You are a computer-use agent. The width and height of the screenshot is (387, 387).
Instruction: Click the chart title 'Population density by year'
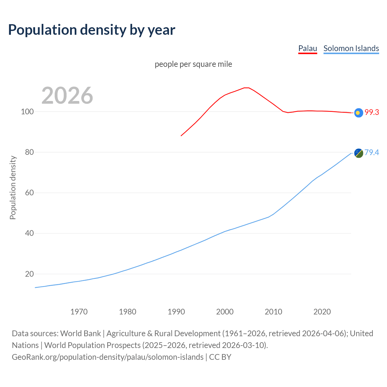(92, 30)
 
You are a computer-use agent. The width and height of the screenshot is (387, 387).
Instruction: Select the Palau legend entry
(307, 48)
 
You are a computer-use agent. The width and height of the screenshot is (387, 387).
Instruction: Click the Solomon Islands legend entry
(351, 48)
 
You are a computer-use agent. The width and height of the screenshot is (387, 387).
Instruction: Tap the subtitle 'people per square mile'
(193, 64)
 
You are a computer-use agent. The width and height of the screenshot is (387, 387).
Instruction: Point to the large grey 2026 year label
(67, 96)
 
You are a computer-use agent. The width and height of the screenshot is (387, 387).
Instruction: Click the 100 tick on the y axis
(27, 112)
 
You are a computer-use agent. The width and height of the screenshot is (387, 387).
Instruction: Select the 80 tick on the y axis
(29, 152)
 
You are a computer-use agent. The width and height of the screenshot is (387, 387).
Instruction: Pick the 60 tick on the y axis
(29, 193)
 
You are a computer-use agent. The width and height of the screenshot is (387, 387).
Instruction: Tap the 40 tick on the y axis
(29, 233)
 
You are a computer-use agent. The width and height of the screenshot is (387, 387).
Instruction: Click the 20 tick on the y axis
(29, 274)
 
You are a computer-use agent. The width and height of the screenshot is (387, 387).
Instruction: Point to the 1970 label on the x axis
(79, 312)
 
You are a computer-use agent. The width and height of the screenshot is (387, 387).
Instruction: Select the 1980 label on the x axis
(128, 312)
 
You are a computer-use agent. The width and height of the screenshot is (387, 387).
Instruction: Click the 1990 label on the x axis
(176, 312)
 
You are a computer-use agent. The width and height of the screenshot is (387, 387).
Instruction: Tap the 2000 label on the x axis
(225, 312)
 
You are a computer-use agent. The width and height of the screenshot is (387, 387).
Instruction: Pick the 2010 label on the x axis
(274, 312)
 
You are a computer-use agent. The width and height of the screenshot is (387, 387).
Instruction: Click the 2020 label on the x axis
(322, 312)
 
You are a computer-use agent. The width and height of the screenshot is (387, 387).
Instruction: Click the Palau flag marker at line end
(359, 113)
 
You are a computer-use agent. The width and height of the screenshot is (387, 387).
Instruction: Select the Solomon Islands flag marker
(359, 153)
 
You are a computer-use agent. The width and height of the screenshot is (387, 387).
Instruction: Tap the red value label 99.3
(372, 112)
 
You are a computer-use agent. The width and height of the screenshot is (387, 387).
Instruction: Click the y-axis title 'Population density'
(13, 187)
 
